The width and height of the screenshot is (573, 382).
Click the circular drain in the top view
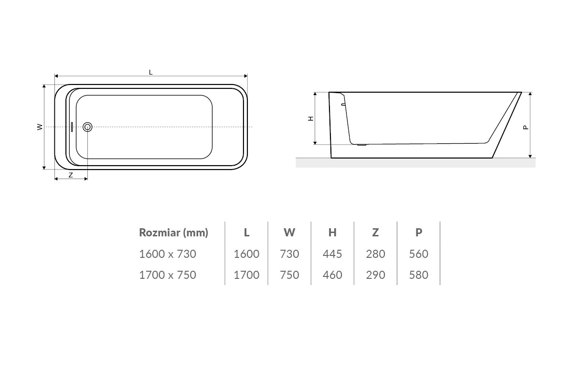87,127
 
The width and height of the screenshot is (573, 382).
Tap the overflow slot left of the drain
72,127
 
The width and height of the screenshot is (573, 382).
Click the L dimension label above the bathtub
151,73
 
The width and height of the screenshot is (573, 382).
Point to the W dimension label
40,127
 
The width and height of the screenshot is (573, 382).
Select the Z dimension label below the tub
71,175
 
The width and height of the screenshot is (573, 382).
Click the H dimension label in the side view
311,118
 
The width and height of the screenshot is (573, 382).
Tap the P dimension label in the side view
526,127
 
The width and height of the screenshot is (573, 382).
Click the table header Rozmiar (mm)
174,233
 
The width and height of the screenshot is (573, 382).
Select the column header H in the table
332,233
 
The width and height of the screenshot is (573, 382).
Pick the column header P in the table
418,233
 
